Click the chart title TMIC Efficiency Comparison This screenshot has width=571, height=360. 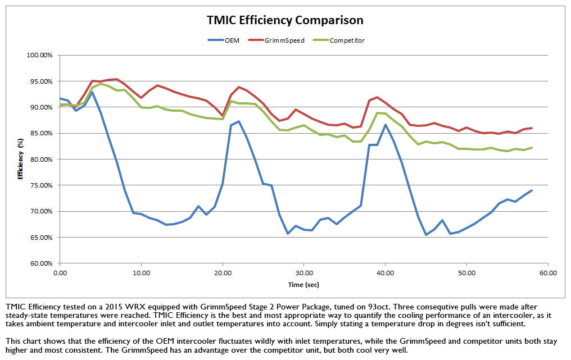click(284, 20)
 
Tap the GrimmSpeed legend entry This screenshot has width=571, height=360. click(284, 40)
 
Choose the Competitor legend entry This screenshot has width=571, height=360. click(347, 40)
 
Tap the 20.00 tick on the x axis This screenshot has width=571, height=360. click(223, 272)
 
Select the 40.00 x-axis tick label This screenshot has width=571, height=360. click(385, 272)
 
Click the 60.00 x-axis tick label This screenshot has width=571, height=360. click(548, 272)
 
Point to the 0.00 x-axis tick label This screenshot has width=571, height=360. click(60, 272)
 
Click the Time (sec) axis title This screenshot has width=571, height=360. click(303, 285)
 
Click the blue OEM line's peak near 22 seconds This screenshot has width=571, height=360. click(239, 121)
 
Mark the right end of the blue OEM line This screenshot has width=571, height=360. click(532, 190)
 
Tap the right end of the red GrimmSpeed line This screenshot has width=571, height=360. click(532, 128)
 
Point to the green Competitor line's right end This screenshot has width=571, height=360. click(532, 148)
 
